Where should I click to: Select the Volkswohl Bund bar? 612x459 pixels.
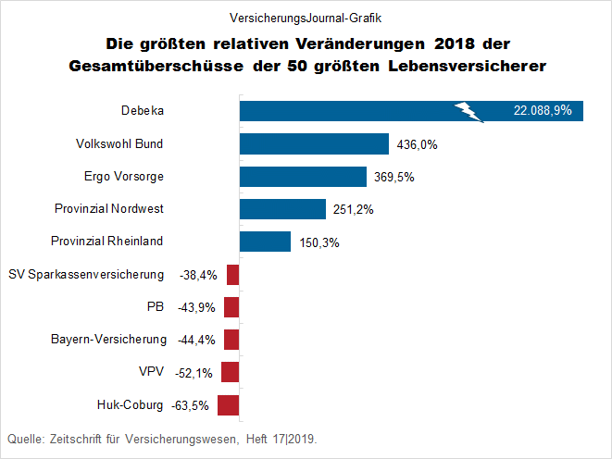click(314, 143)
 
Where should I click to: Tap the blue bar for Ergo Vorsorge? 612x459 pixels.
click(303, 177)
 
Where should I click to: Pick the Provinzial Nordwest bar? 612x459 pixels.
click(282, 209)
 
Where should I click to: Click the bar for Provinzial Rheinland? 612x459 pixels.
click(265, 242)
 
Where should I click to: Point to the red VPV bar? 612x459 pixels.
click(231, 372)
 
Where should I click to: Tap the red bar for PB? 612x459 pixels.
click(231, 307)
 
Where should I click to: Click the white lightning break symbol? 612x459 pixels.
click(469, 111)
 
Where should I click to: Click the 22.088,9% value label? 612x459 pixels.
click(543, 111)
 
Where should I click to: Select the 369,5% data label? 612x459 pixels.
click(394, 177)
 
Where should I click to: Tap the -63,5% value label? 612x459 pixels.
click(191, 404)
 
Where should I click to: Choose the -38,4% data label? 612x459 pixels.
click(196, 275)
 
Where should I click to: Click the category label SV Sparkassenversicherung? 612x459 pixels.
click(86, 275)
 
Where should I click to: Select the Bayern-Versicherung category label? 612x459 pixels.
click(108, 340)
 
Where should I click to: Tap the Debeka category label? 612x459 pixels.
click(142, 111)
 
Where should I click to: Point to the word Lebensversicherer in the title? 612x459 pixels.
click(475, 66)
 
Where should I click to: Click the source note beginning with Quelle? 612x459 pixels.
click(168, 438)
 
